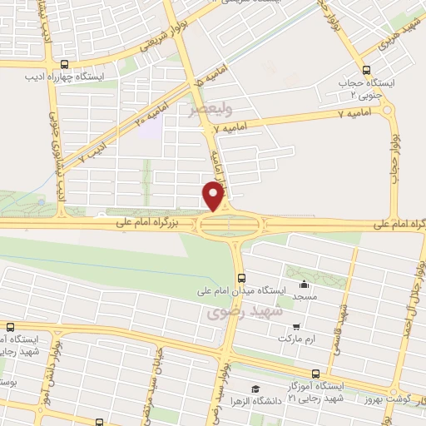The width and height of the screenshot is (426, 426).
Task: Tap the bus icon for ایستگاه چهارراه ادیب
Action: pos(66,63)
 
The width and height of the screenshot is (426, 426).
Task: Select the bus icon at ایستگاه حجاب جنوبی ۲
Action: pos(367,68)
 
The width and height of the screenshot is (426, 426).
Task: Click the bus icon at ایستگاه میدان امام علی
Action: pos(241,278)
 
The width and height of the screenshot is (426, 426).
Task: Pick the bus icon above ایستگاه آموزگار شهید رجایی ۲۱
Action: pos(315,374)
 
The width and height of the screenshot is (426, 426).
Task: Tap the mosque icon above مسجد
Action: pos(303,284)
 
